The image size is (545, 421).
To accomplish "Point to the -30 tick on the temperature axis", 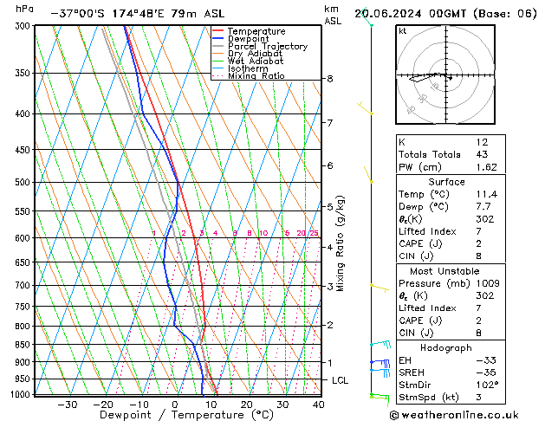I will [67, 404].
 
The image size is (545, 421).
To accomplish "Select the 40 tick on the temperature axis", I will [318, 404].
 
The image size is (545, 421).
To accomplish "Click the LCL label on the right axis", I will [341, 380].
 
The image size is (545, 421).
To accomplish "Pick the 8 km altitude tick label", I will [330, 79].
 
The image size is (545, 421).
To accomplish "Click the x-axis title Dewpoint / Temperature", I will [175, 415].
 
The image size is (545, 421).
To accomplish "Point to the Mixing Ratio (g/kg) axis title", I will [341, 243].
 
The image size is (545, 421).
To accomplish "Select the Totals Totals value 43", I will [483, 154].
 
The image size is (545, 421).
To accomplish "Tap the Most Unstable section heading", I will [446, 271].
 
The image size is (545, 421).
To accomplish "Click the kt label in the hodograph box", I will [402, 31].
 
